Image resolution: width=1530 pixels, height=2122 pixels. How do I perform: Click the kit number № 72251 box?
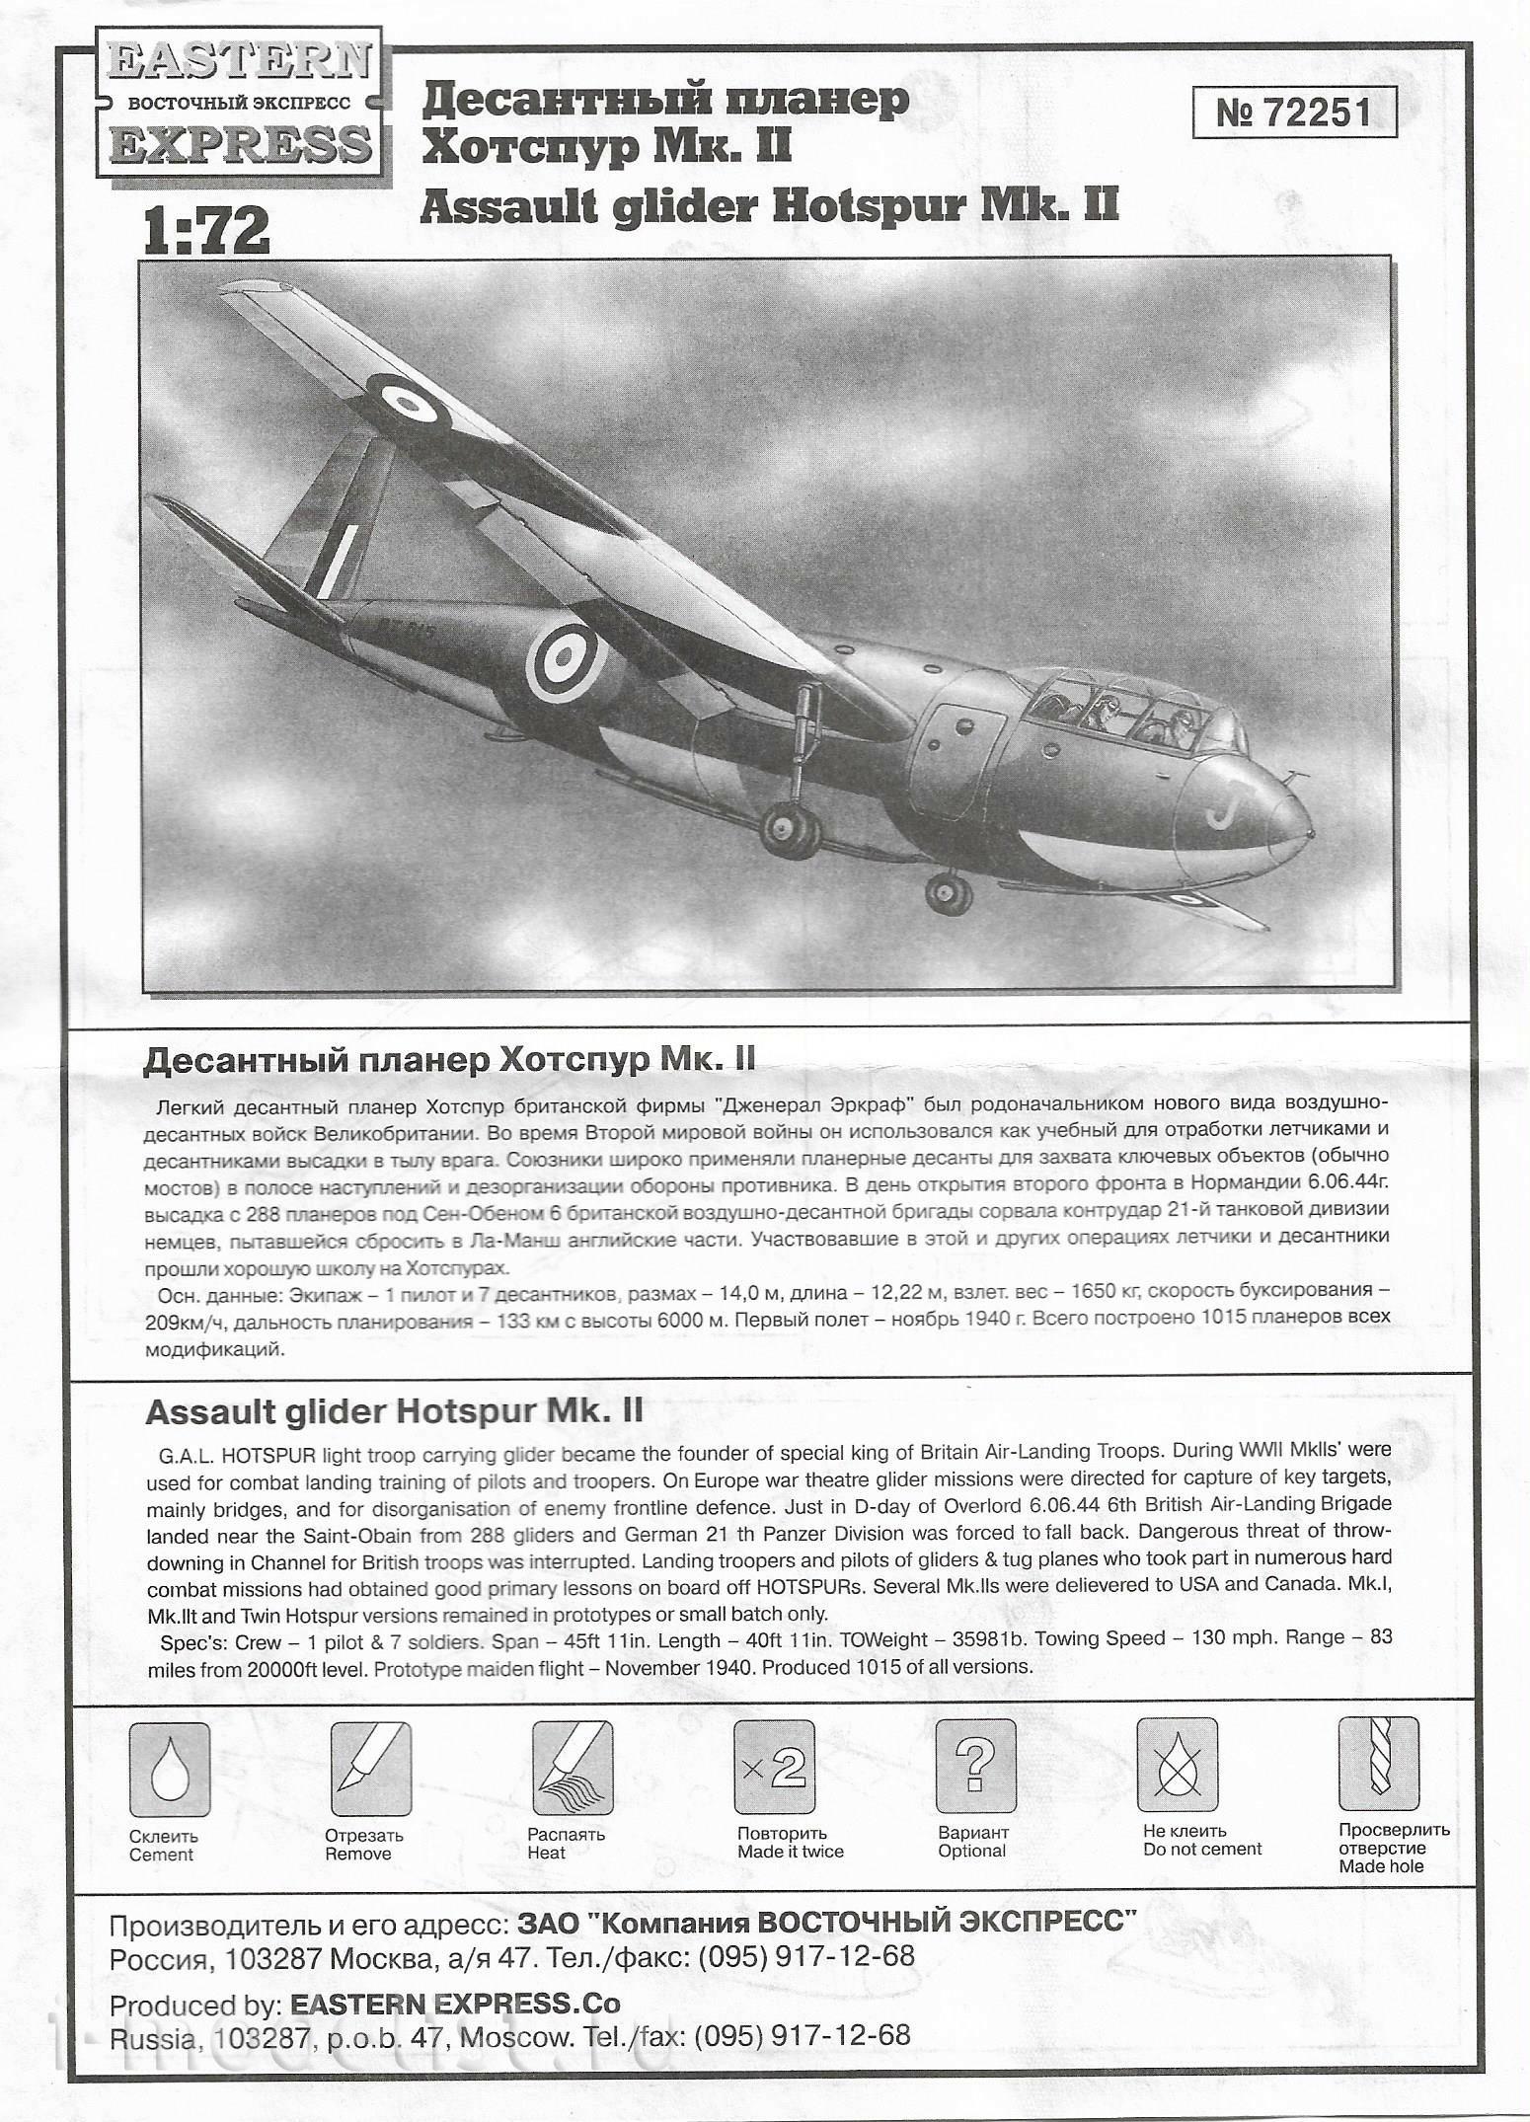tap(1293, 113)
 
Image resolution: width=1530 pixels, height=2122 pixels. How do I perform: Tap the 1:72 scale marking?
tap(206, 231)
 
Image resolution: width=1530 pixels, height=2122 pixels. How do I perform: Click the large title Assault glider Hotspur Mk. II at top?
tap(770, 203)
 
